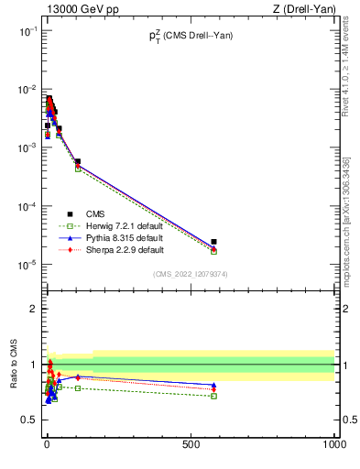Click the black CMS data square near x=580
[213, 242]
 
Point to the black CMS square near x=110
[78, 161]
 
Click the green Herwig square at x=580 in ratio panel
[213, 396]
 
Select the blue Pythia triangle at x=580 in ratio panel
[213, 385]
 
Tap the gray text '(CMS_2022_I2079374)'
[191, 274]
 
